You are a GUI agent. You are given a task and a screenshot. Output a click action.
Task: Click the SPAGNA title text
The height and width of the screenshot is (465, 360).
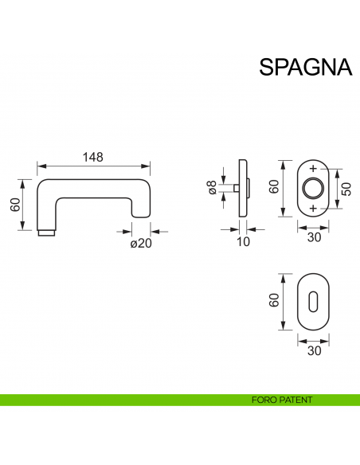tap(305, 66)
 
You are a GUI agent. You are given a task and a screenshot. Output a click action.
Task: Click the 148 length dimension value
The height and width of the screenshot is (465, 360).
tap(93, 157)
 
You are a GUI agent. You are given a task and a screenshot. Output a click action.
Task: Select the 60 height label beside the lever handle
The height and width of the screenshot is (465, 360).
tap(15, 204)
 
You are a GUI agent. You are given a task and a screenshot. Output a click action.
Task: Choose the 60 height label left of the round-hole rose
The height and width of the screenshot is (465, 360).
tap(272, 188)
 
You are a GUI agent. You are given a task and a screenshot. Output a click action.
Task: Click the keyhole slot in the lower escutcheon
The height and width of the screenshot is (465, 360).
tap(312, 303)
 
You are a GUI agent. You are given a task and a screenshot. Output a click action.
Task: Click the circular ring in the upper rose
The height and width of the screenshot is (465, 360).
tap(312, 189)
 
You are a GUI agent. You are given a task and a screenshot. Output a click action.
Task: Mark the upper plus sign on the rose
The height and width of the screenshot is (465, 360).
tap(312, 170)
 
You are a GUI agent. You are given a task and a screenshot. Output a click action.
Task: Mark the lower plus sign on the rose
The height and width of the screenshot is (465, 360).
tap(312, 208)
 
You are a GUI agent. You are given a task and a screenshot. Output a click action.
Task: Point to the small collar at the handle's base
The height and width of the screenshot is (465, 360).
tap(47, 232)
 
